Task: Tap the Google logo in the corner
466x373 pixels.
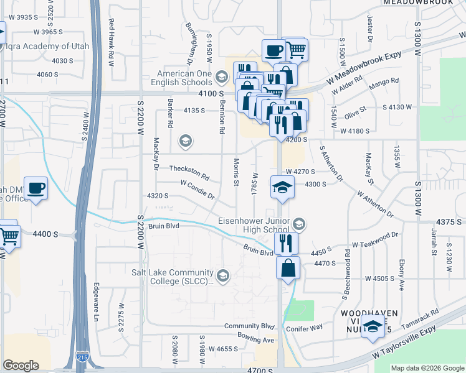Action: [21, 366]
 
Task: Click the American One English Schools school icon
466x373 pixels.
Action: [221, 78]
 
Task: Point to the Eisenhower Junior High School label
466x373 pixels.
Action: [256, 225]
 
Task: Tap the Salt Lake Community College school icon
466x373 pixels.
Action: [222, 274]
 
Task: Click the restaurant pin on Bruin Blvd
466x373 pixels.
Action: [286, 243]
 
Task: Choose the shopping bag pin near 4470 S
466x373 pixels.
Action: [288, 269]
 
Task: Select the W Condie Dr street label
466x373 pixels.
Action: [197, 190]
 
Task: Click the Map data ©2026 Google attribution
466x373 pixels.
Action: [427, 368]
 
